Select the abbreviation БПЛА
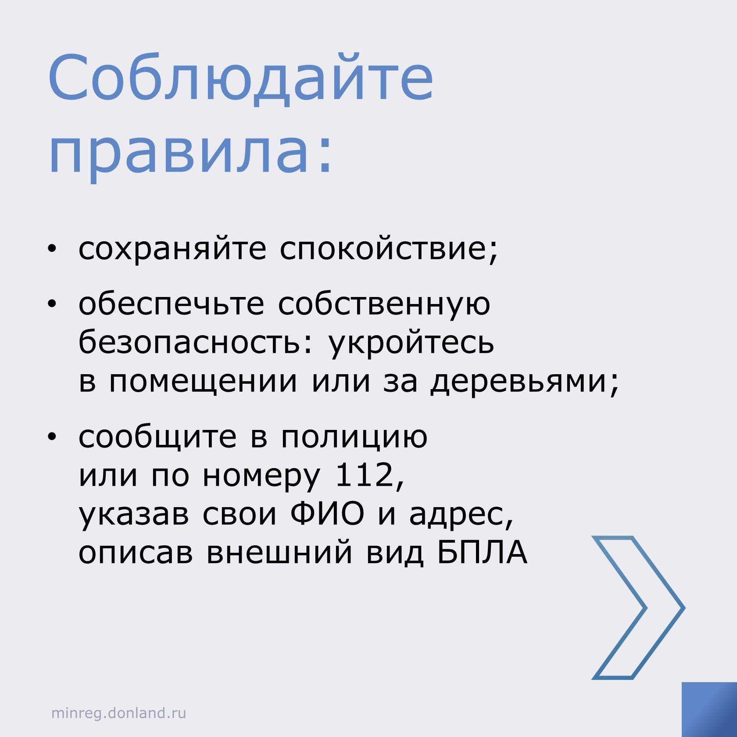click(482, 552)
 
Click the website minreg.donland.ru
click(119, 713)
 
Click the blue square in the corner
click(709, 709)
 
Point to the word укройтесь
click(411, 343)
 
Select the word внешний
click(279, 553)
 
